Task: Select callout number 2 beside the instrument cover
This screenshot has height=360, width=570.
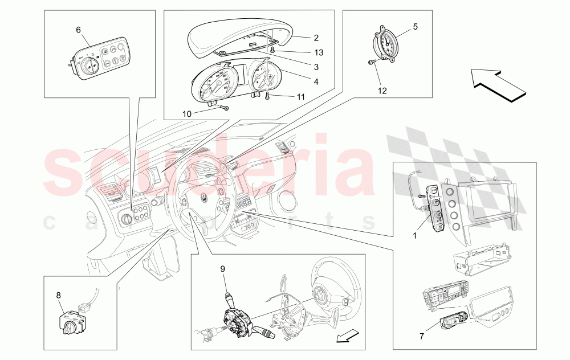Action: [x=315, y=38]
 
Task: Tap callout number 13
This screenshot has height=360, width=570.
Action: [x=319, y=52]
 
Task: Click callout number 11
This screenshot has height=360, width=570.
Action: [x=300, y=97]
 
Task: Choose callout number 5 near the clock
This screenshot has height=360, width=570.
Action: [x=416, y=26]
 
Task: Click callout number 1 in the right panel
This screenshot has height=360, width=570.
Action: [x=415, y=235]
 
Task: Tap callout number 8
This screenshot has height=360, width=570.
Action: [x=59, y=296]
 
